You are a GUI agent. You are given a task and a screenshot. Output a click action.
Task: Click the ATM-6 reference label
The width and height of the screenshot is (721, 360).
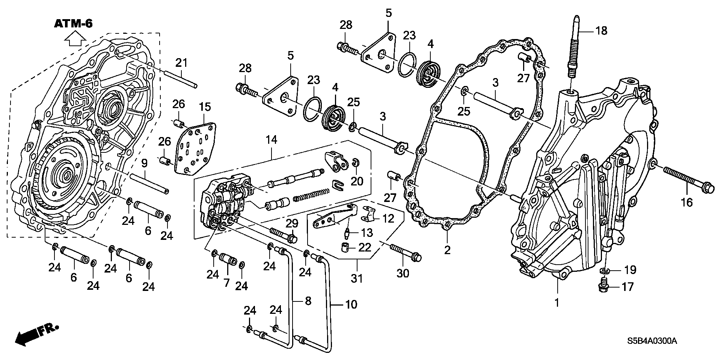(73, 24)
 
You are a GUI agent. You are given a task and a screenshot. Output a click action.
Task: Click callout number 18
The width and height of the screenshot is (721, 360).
(601, 30)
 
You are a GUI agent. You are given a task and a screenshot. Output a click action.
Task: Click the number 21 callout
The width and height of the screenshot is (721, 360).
(182, 63)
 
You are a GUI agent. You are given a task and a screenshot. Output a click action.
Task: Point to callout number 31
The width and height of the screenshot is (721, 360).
(357, 279)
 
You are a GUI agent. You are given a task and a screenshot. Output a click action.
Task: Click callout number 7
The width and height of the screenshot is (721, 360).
(226, 283)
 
